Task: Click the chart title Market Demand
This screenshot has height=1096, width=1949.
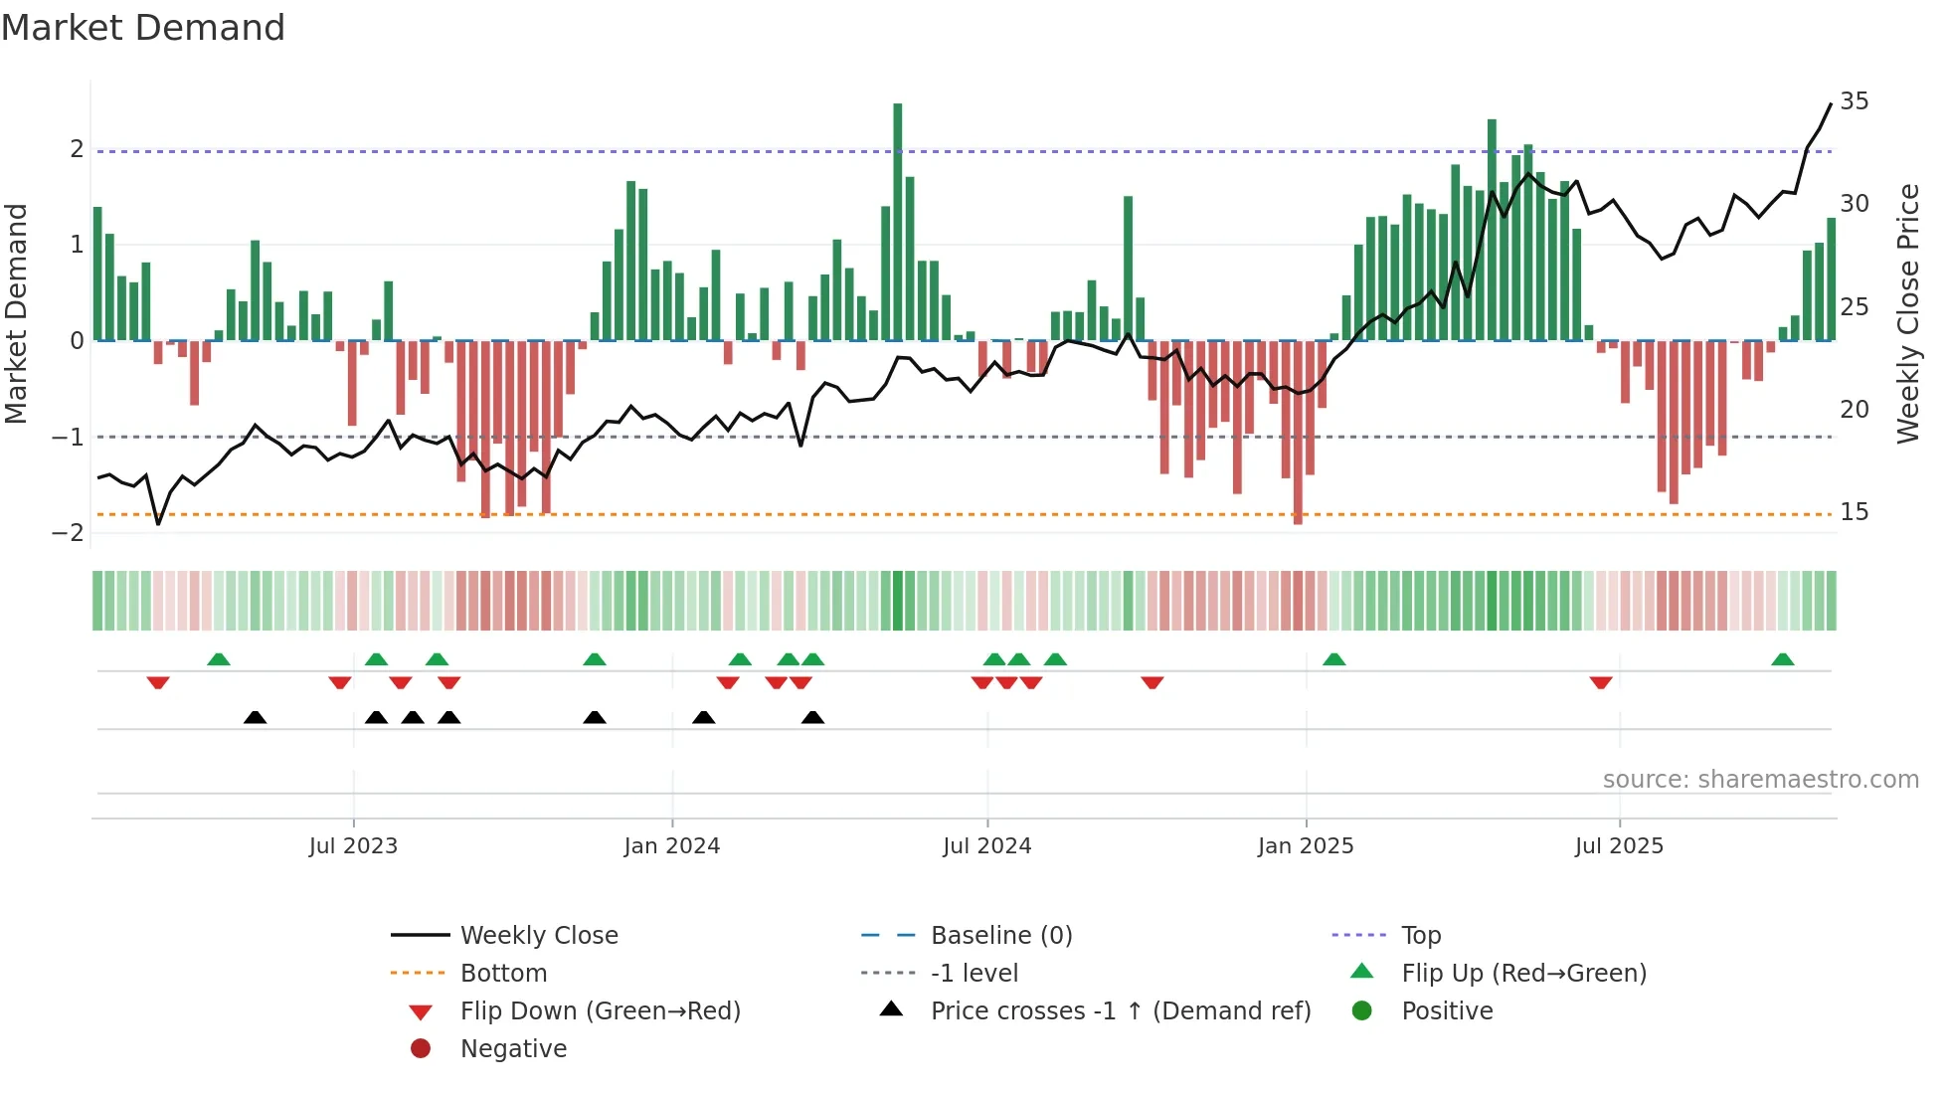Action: point(143,28)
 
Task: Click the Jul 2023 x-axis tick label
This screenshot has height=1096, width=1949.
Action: point(353,846)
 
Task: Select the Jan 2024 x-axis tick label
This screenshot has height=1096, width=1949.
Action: point(671,846)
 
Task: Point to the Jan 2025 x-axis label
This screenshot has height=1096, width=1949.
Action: point(1305,846)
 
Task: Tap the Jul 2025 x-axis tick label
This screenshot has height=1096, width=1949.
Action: point(1619,846)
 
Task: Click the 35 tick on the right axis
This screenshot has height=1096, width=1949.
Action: point(1854,101)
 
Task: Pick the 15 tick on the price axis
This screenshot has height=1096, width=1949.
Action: point(1854,512)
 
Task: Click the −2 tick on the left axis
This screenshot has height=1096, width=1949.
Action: point(69,533)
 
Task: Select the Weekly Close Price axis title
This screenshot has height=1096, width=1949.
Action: point(1907,313)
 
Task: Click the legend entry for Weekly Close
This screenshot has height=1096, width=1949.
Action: point(538,936)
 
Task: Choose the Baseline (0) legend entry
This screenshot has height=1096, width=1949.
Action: point(1000,936)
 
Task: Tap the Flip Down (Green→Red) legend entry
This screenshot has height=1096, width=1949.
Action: point(600,1011)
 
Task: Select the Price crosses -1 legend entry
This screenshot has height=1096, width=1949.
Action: point(1120,1011)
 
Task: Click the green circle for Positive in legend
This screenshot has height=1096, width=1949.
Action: point(1362,1011)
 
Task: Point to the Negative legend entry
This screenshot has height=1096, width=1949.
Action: point(513,1049)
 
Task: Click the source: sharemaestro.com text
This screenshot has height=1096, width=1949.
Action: point(1760,780)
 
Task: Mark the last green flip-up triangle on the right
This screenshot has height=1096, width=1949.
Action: point(1783,659)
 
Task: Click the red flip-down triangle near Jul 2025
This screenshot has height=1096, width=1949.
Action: point(1601,682)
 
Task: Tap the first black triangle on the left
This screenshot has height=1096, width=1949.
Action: point(256,717)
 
